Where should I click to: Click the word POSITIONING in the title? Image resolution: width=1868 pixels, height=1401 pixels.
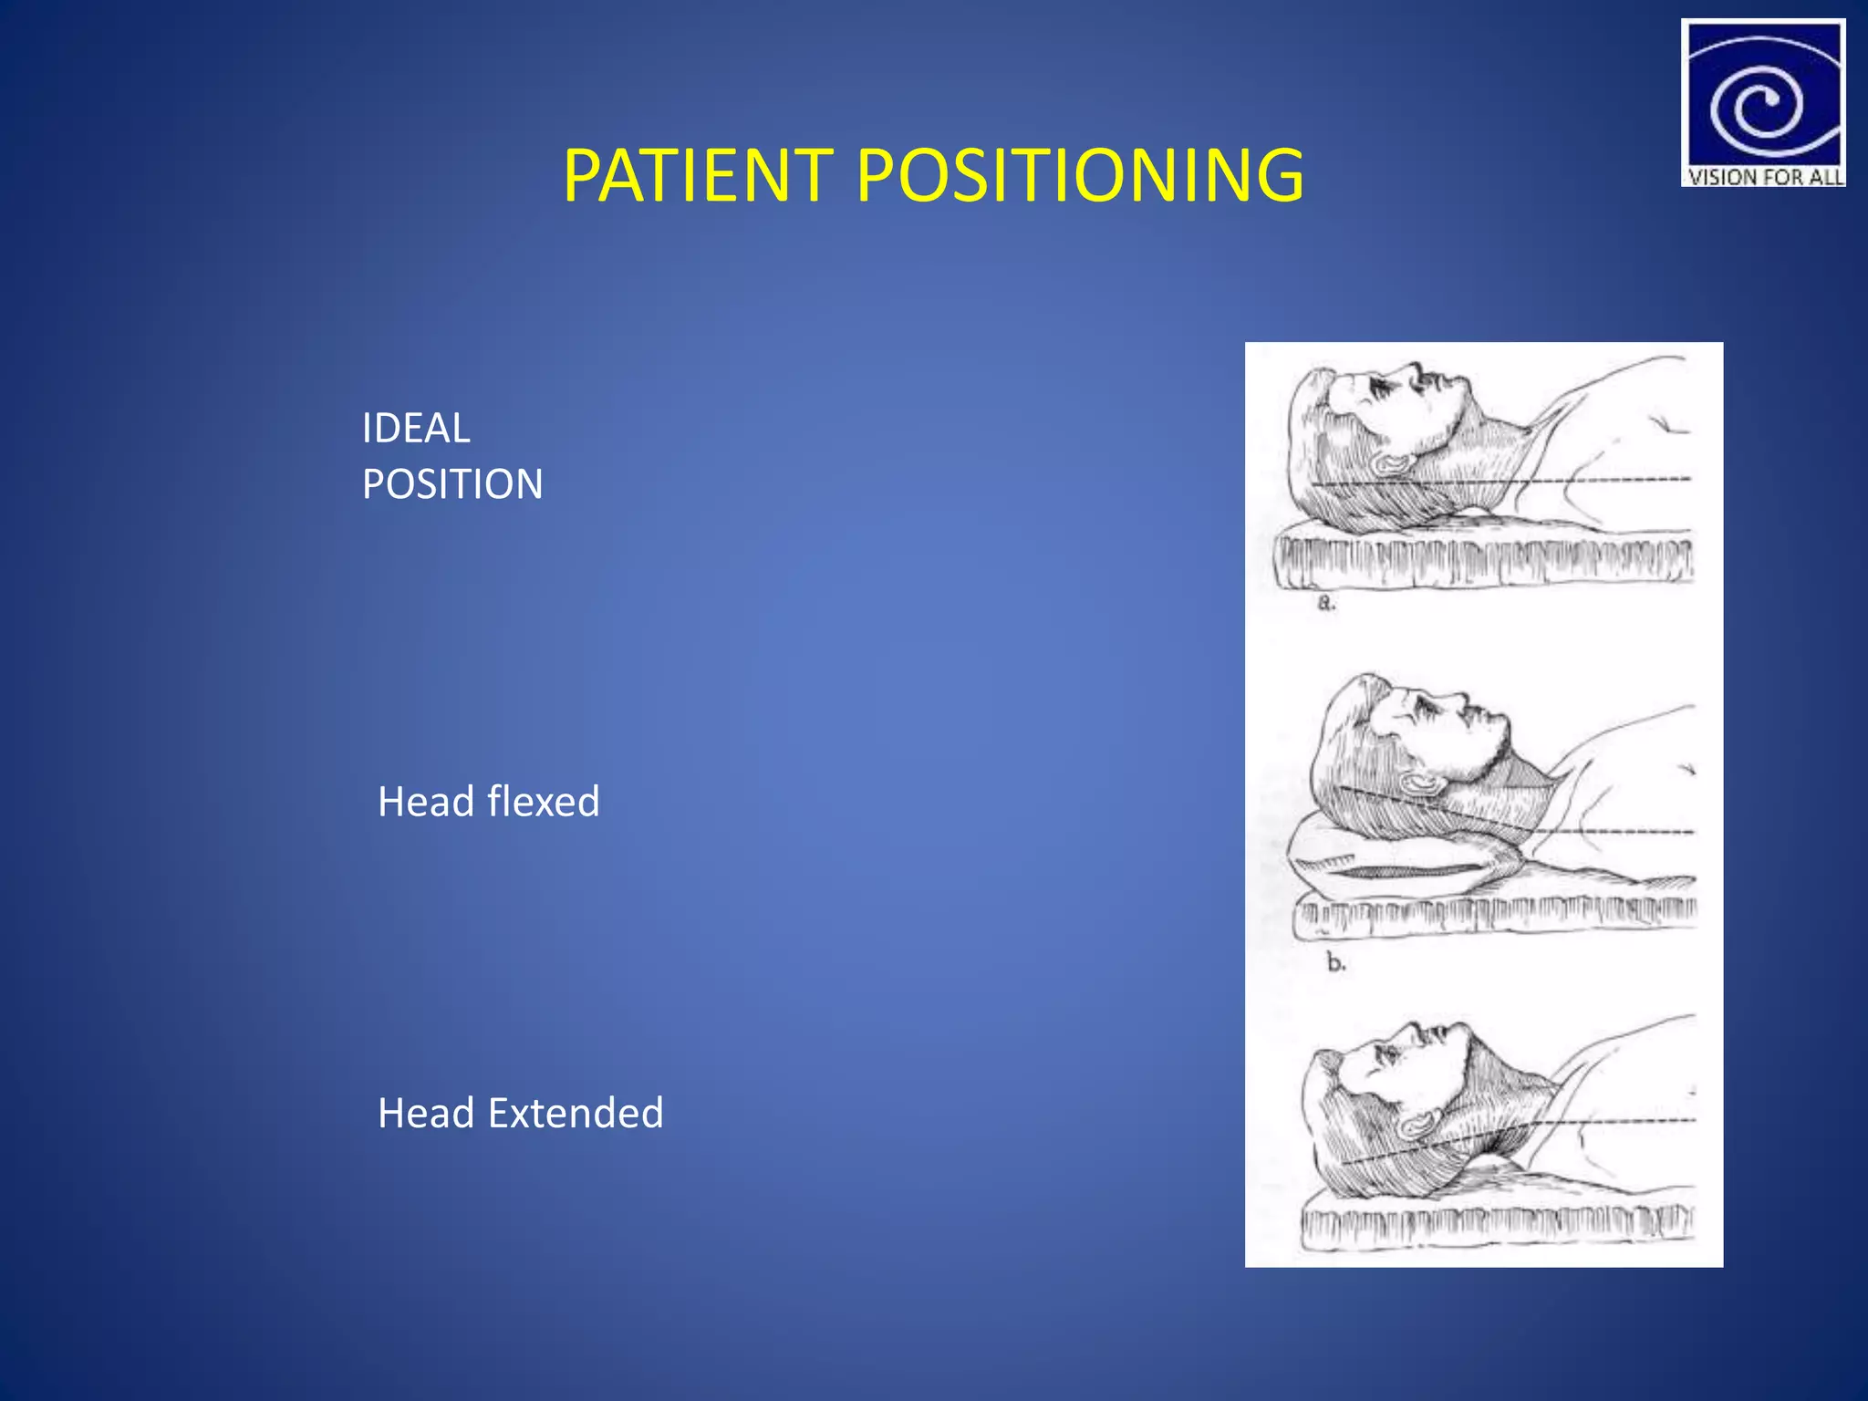(1080, 175)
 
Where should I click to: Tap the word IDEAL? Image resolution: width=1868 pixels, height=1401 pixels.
(416, 428)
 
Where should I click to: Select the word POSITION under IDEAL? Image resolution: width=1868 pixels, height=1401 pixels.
(452, 483)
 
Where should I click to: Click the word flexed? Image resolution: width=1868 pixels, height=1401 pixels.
(544, 802)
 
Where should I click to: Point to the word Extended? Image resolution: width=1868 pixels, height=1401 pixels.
(576, 1113)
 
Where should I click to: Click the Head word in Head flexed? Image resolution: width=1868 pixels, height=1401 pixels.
(426, 802)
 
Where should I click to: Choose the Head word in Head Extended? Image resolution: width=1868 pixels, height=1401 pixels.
(426, 1113)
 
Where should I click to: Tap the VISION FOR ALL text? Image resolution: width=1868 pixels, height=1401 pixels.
(1763, 177)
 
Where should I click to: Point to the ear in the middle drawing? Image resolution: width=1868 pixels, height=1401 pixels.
(1421, 783)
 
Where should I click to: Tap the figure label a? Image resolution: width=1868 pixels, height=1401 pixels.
(1326, 603)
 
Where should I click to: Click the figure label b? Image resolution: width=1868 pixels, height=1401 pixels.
(1335, 962)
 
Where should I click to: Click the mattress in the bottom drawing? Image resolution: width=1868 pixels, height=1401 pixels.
(1496, 1222)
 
